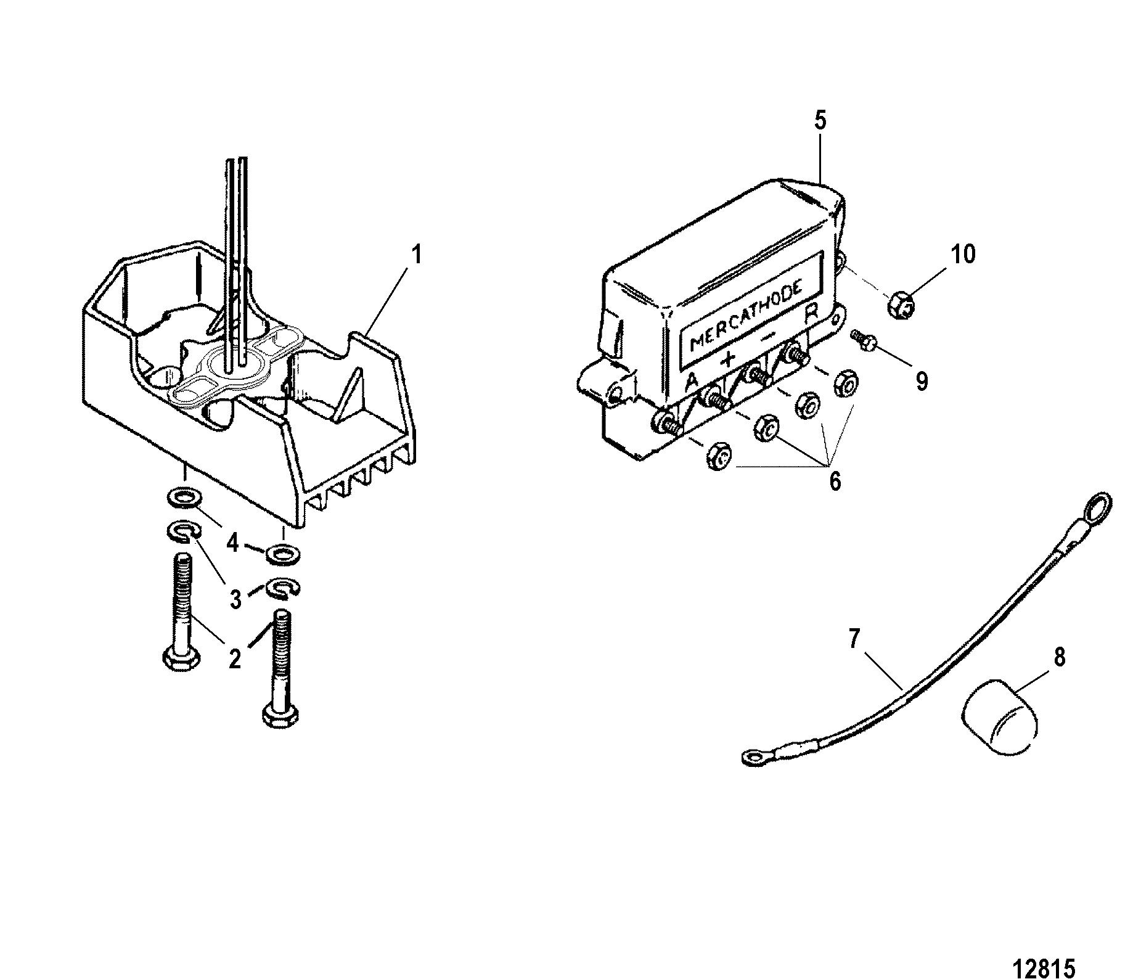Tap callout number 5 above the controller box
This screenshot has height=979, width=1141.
[820, 121]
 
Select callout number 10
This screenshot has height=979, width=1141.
[963, 254]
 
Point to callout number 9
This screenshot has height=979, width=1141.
[922, 382]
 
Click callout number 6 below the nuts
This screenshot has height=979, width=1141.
[835, 481]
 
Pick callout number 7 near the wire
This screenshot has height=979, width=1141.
[853, 640]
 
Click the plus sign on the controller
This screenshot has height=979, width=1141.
[729, 359]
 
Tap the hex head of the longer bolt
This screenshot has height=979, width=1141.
[280, 716]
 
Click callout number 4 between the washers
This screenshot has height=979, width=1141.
[233, 543]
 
